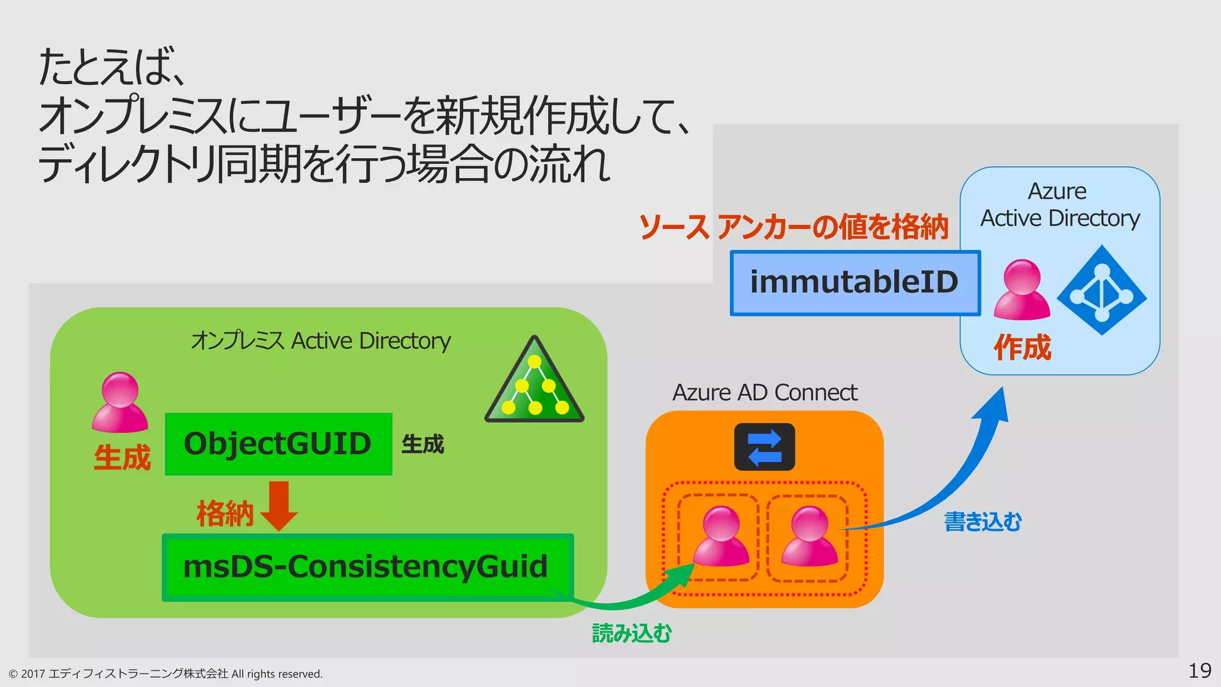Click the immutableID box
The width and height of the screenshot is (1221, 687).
(x=854, y=283)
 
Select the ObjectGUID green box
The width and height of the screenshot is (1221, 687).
(x=278, y=444)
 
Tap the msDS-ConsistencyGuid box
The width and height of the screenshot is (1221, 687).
(x=367, y=567)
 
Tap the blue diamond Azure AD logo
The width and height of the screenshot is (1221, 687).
(x=1102, y=290)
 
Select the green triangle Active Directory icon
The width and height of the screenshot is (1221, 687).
(x=535, y=383)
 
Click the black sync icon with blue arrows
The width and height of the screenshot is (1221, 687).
(x=764, y=447)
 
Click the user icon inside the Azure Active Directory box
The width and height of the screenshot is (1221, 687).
(x=1022, y=290)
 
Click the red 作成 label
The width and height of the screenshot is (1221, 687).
(x=1022, y=348)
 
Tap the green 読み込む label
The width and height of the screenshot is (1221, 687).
(x=631, y=633)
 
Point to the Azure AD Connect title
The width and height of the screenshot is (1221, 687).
(x=764, y=393)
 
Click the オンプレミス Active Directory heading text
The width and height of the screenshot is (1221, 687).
(x=321, y=341)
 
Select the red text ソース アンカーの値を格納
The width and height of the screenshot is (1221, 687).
(x=793, y=227)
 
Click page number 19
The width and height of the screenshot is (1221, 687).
(x=1199, y=671)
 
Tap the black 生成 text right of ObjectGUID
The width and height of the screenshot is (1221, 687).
(x=423, y=444)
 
